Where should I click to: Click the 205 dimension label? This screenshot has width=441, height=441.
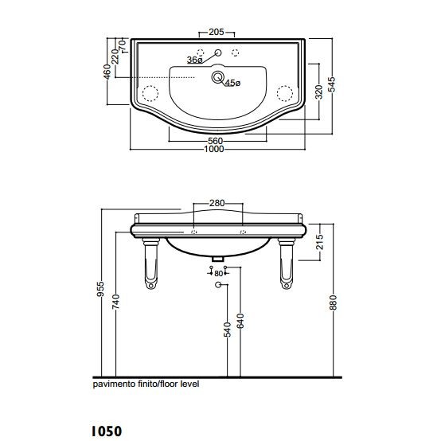(x=217, y=32)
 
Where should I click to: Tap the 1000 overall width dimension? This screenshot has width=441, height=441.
(x=214, y=149)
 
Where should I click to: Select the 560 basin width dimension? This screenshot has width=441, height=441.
(x=215, y=141)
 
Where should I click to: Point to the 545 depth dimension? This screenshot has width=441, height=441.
(x=332, y=84)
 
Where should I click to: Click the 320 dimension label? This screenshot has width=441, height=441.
(x=318, y=92)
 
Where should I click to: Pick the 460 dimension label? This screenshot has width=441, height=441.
(x=107, y=72)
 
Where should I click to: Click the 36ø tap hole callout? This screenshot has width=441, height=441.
(x=194, y=60)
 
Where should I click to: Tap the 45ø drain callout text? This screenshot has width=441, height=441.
(x=233, y=83)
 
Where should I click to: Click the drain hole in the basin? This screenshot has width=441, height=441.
(x=217, y=76)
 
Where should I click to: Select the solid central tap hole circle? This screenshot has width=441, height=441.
(x=217, y=53)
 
